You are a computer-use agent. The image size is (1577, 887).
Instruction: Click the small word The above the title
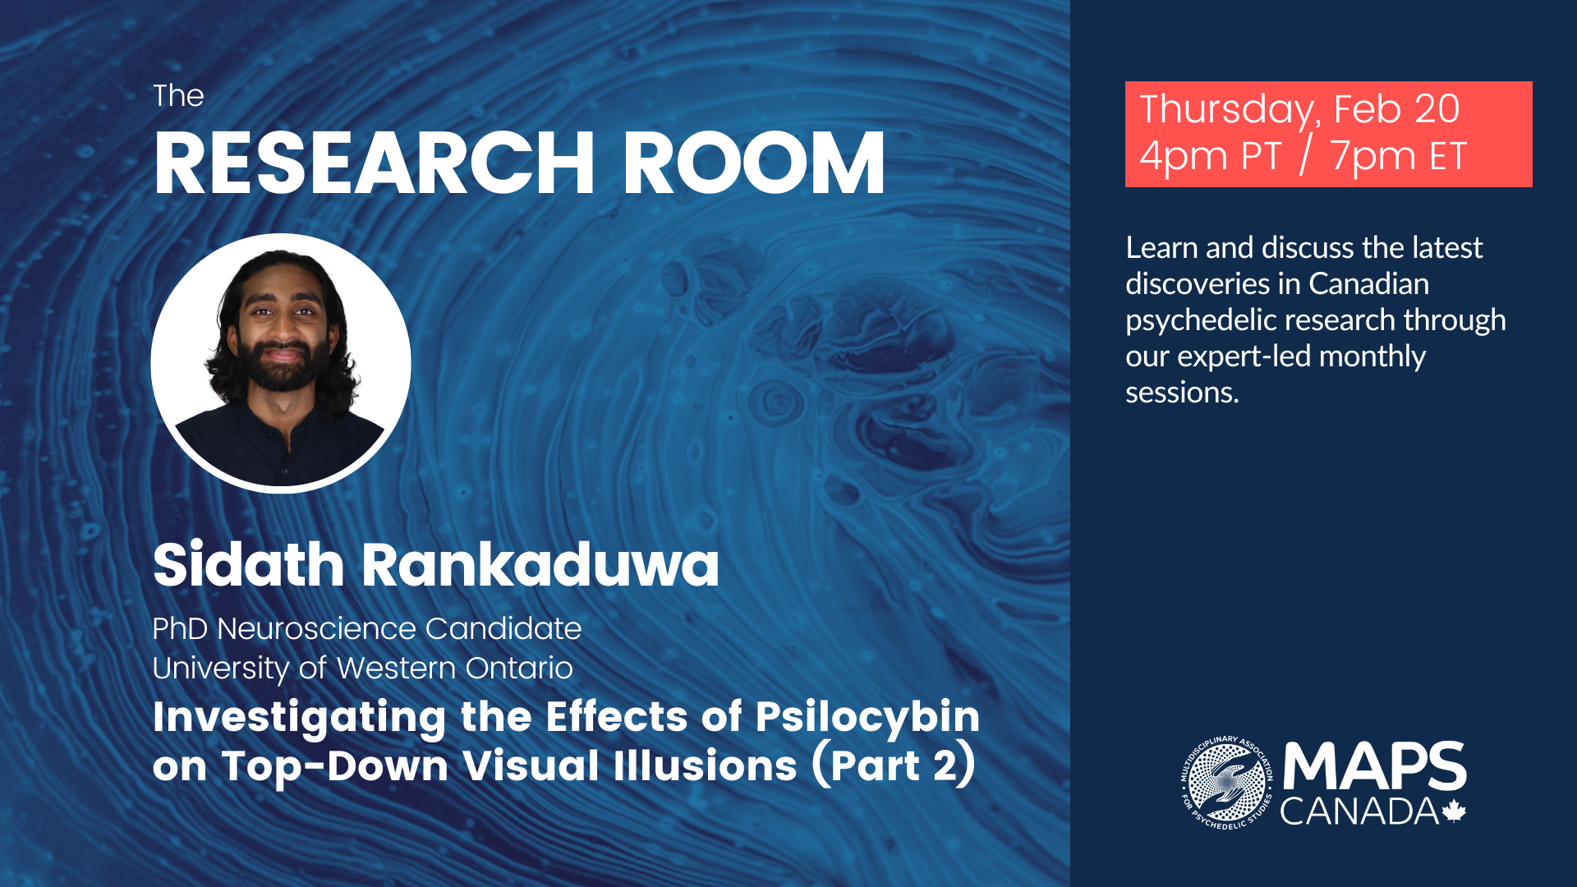[178, 96]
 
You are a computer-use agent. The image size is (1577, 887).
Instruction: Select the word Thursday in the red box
[1230, 110]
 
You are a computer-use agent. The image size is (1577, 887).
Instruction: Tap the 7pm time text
[1371, 156]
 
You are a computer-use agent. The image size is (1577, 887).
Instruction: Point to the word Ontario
[518, 669]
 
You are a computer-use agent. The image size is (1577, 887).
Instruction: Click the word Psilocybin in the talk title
[867, 718]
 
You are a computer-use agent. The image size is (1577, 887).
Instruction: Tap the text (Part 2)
[894, 765]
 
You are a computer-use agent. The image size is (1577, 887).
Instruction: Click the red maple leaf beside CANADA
[1454, 811]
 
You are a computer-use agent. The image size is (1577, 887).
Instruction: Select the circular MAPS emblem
[1226, 783]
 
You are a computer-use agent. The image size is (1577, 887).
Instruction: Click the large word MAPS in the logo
[1374, 767]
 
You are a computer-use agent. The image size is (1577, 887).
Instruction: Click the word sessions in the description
[1182, 393]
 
